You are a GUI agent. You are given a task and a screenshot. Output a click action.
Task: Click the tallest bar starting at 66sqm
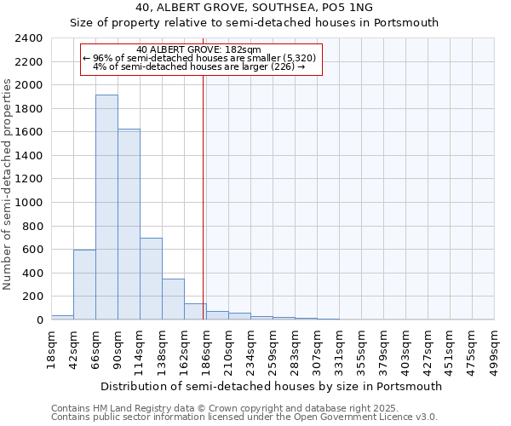click(x=106, y=207)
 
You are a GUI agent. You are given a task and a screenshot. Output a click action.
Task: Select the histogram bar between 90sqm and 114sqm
click(x=129, y=224)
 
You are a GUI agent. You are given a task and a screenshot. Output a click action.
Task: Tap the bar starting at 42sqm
click(x=84, y=285)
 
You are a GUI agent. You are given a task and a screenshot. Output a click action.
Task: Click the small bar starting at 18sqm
click(x=62, y=317)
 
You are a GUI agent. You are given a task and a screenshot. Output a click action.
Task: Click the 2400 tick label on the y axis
click(x=30, y=38)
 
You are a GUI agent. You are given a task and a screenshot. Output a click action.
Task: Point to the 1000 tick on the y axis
click(x=30, y=203)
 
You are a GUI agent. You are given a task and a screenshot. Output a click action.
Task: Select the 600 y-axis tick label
click(x=33, y=250)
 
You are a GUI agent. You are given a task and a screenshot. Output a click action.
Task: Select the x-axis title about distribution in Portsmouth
click(x=272, y=386)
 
